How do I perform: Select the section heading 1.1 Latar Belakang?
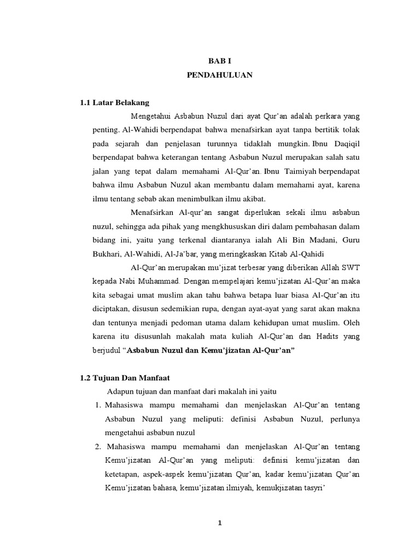[x=114, y=102]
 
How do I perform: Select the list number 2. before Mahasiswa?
[x=99, y=446]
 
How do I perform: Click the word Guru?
[x=351, y=240]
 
